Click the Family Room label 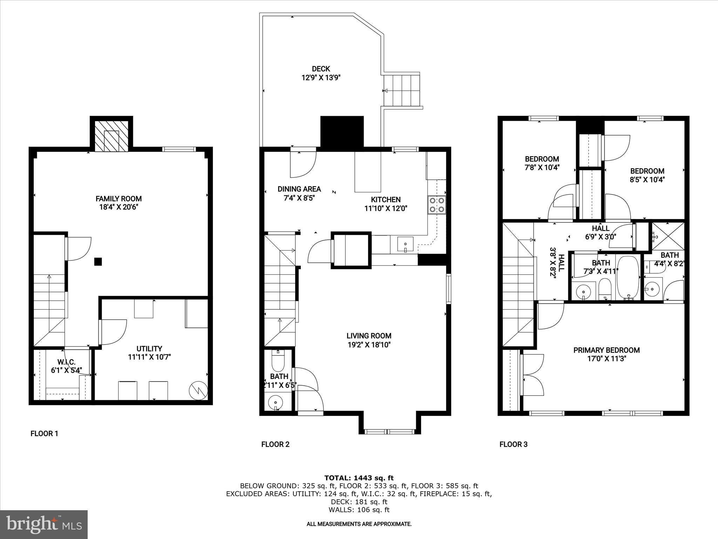[118, 199]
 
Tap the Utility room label [149, 348]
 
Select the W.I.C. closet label [66, 362]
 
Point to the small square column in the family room [98, 261]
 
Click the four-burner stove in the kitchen [436, 205]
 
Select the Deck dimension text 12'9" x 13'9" [321, 77]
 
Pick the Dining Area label [299, 189]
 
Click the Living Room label [369, 336]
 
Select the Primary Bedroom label [607, 350]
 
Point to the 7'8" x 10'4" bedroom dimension [542, 167]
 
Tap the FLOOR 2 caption [275, 444]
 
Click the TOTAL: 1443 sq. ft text [359, 478]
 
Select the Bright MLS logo [44, 525]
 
